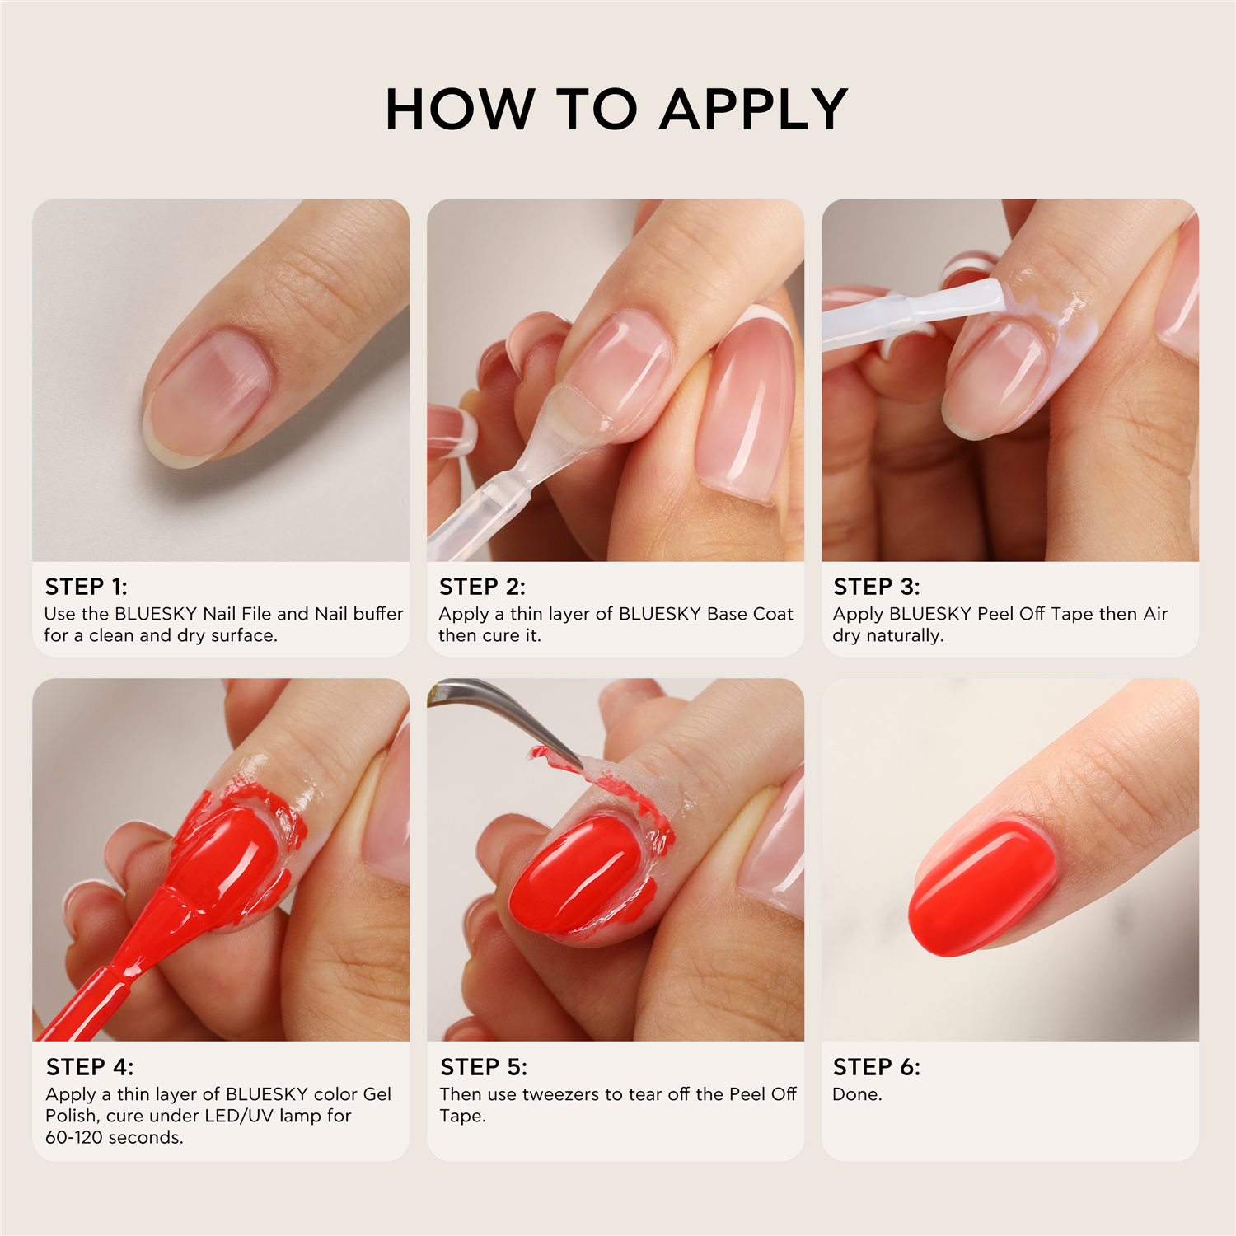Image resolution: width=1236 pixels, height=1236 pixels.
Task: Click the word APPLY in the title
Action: tap(754, 110)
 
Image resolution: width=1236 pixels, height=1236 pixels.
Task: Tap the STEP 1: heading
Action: tap(87, 587)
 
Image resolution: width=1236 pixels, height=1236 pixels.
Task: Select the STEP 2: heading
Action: tap(482, 587)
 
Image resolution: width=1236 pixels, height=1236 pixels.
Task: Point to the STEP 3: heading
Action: tap(877, 587)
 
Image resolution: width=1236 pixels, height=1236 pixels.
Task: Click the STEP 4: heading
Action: tap(90, 1067)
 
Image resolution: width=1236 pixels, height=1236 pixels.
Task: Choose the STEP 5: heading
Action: tap(484, 1067)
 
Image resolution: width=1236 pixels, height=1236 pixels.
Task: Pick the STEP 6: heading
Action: tap(877, 1067)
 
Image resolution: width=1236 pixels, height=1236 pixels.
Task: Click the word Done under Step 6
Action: tap(857, 1094)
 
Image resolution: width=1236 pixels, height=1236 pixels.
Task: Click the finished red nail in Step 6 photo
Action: tap(981, 888)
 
